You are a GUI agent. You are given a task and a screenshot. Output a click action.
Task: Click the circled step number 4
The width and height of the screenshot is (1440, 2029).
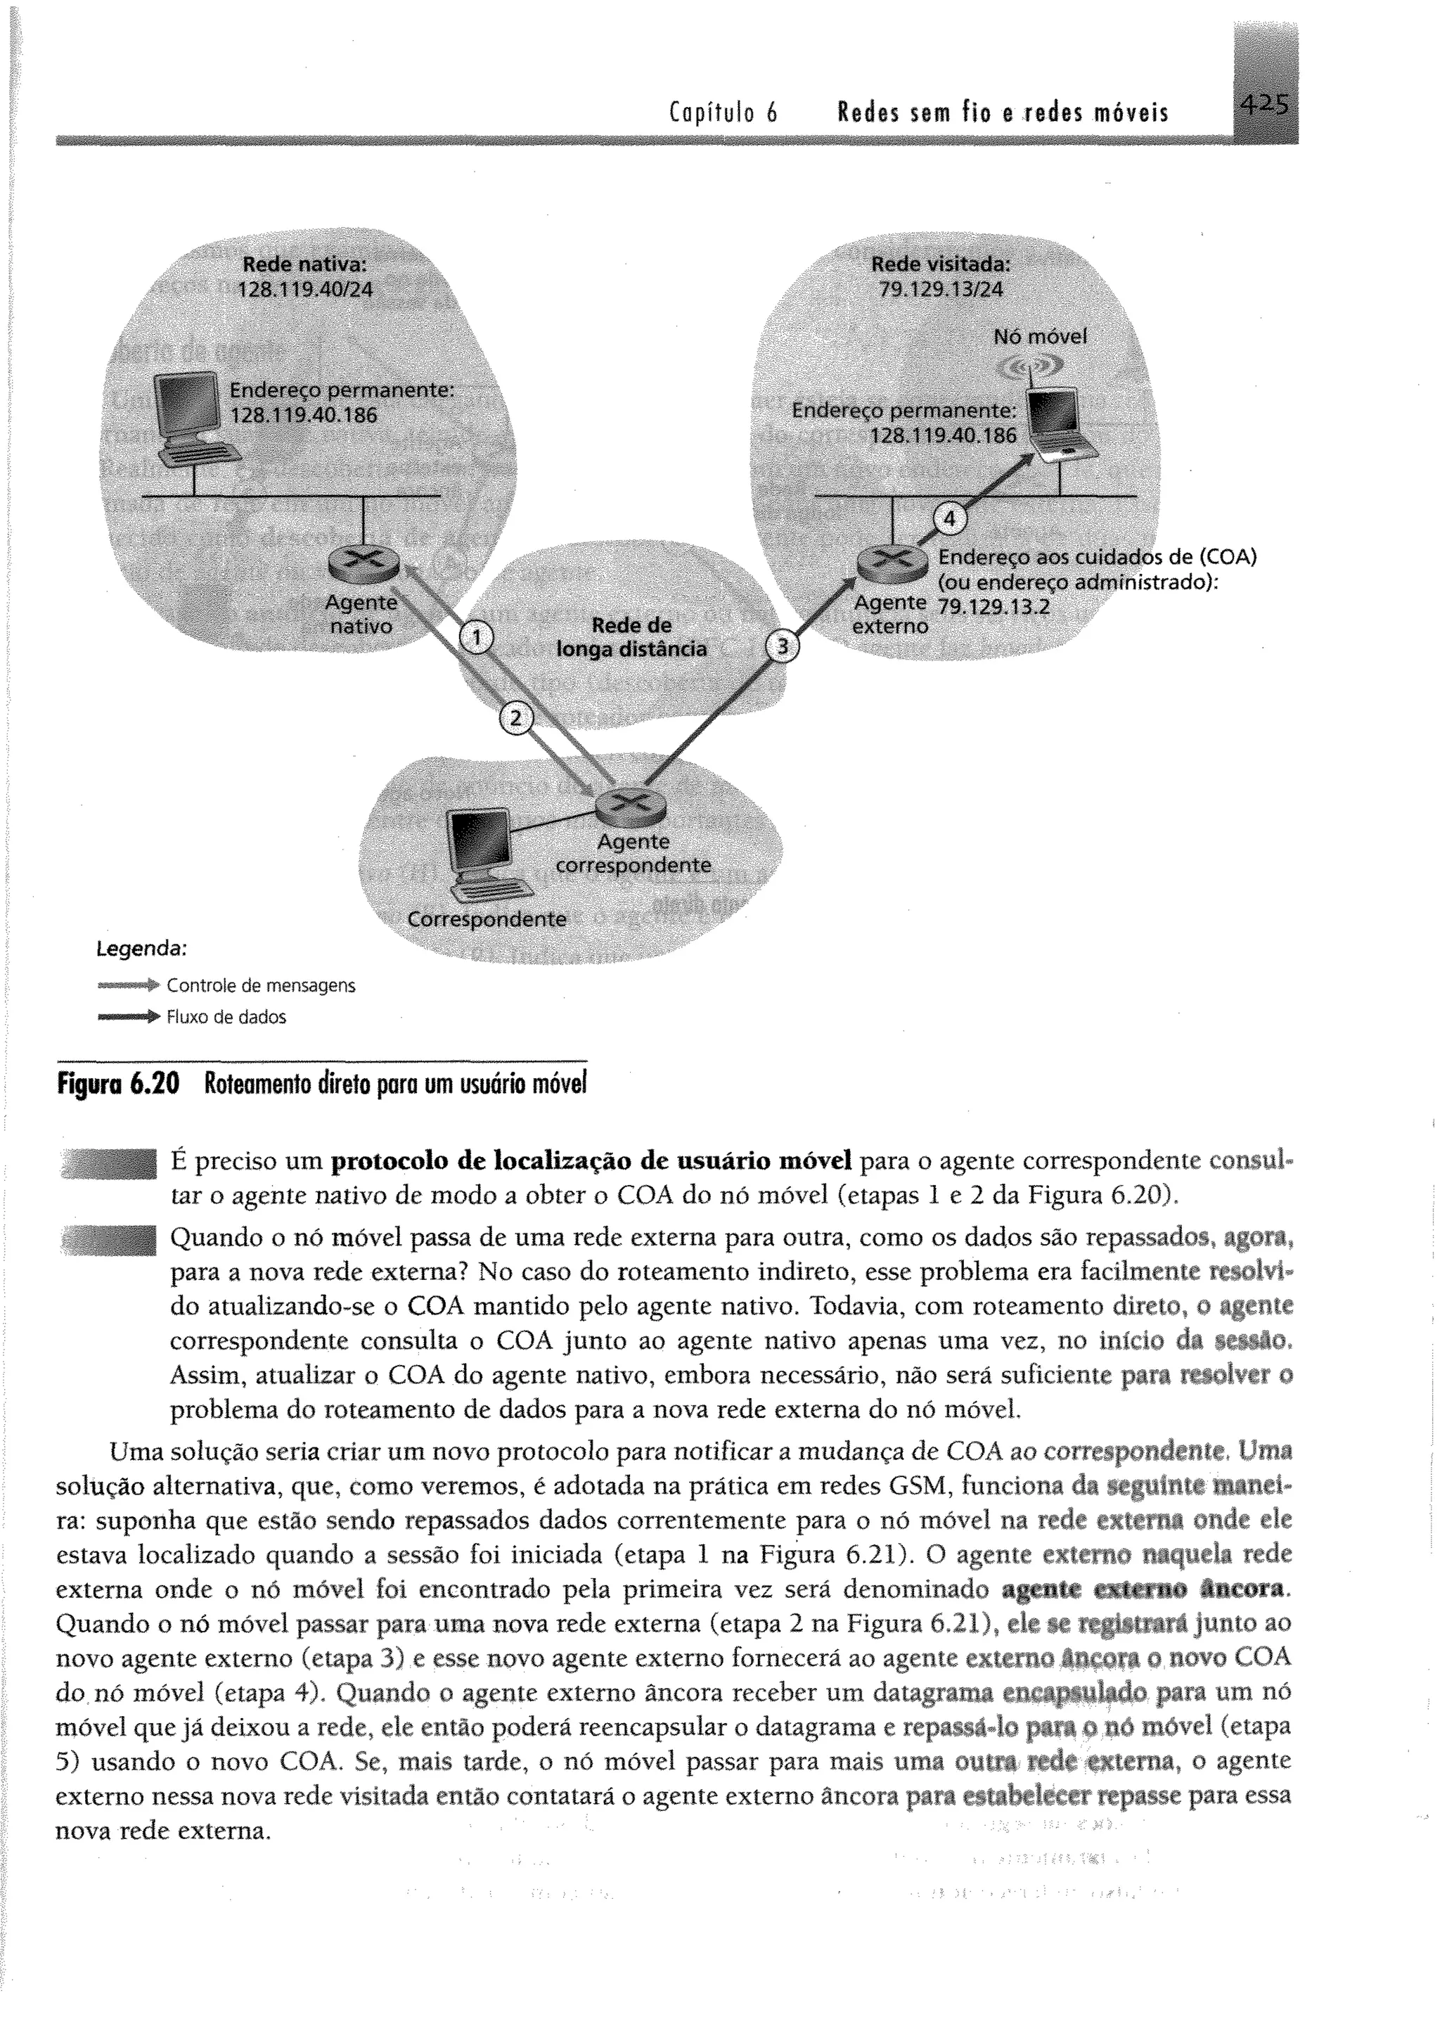(949, 520)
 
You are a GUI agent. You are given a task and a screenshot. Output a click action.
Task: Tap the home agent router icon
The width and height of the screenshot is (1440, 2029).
(363, 561)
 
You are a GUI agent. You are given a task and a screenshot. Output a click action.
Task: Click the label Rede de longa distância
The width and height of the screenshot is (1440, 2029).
(631, 636)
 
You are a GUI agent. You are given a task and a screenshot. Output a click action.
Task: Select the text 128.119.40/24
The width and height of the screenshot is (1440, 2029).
(305, 288)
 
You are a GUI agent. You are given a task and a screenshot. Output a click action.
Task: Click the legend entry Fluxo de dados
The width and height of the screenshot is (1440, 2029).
(226, 1017)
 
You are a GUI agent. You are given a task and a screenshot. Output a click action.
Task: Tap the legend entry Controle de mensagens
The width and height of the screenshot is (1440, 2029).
(261, 985)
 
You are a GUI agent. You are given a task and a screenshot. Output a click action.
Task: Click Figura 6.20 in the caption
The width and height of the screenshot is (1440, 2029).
(118, 1084)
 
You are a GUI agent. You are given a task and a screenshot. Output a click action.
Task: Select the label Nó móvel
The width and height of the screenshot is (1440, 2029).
(1039, 337)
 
